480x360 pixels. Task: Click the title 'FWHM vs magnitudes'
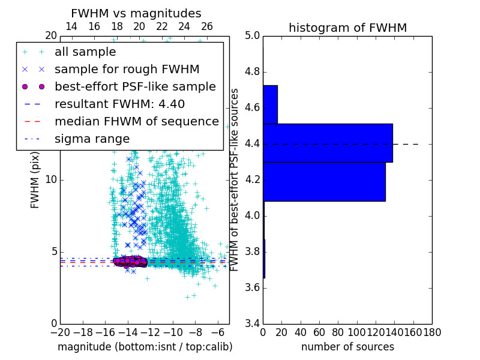(136, 14)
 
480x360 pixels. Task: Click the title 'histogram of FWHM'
(347, 28)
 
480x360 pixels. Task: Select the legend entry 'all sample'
(85, 52)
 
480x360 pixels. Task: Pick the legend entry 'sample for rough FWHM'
(127, 70)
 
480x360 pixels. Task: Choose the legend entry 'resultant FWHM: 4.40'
(119, 104)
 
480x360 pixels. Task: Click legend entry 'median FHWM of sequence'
(136, 122)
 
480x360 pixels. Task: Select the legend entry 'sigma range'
(92, 139)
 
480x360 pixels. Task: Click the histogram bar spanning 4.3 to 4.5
(328, 143)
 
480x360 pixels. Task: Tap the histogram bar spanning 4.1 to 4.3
(324, 181)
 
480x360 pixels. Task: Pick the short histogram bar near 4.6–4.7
(270, 104)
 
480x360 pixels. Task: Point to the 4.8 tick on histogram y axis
(252, 72)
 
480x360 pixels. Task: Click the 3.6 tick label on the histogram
(252, 287)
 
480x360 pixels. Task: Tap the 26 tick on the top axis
(207, 27)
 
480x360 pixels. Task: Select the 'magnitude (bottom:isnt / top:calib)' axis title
(145, 347)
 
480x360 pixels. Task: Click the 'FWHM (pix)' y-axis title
(35, 181)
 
